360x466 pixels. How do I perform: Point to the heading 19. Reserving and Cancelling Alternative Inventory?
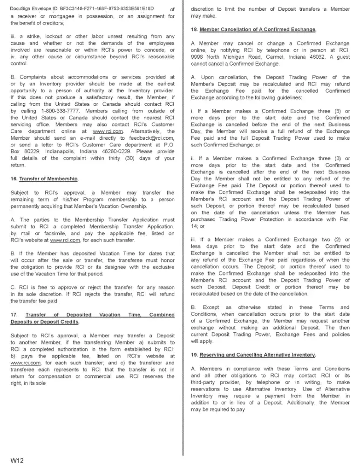pos(254,355)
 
